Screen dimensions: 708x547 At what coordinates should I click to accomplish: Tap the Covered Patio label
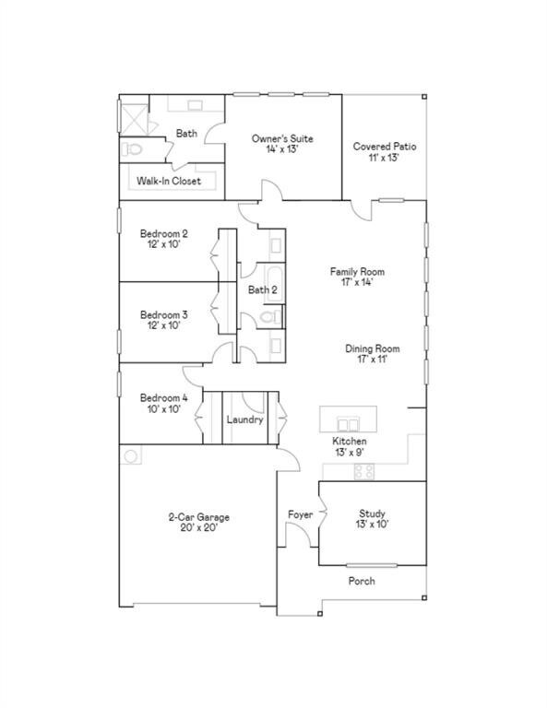click(x=385, y=152)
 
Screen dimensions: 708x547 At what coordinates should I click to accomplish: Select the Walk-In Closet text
click(x=169, y=182)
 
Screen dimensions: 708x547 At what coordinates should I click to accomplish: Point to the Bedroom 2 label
click(x=164, y=240)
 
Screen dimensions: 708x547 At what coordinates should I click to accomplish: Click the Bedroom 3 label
click(x=164, y=319)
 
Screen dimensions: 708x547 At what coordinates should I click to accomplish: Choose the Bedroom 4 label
click(x=164, y=404)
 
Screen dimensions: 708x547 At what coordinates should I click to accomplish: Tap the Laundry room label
click(x=244, y=419)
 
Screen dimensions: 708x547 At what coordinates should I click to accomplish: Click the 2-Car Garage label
click(x=198, y=524)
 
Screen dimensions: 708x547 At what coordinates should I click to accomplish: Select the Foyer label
click(x=300, y=514)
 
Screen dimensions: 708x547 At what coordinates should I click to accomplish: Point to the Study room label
click(x=373, y=519)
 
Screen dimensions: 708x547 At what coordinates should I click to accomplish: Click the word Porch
click(x=362, y=582)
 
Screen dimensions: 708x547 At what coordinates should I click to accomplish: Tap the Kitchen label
click(x=350, y=447)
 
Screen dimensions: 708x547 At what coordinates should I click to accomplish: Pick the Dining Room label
click(x=372, y=354)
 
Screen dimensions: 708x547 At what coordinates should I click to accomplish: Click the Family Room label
click(x=357, y=277)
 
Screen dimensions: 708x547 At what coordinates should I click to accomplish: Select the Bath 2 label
click(x=262, y=290)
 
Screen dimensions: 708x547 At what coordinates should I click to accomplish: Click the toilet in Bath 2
click(x=270, y=318)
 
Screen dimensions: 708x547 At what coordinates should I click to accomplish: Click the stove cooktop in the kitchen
click(x=363, y=471)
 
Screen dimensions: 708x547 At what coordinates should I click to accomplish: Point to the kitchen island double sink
click(x=347, y=423)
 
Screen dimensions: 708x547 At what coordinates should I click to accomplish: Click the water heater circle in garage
click(x=131, y=456)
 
